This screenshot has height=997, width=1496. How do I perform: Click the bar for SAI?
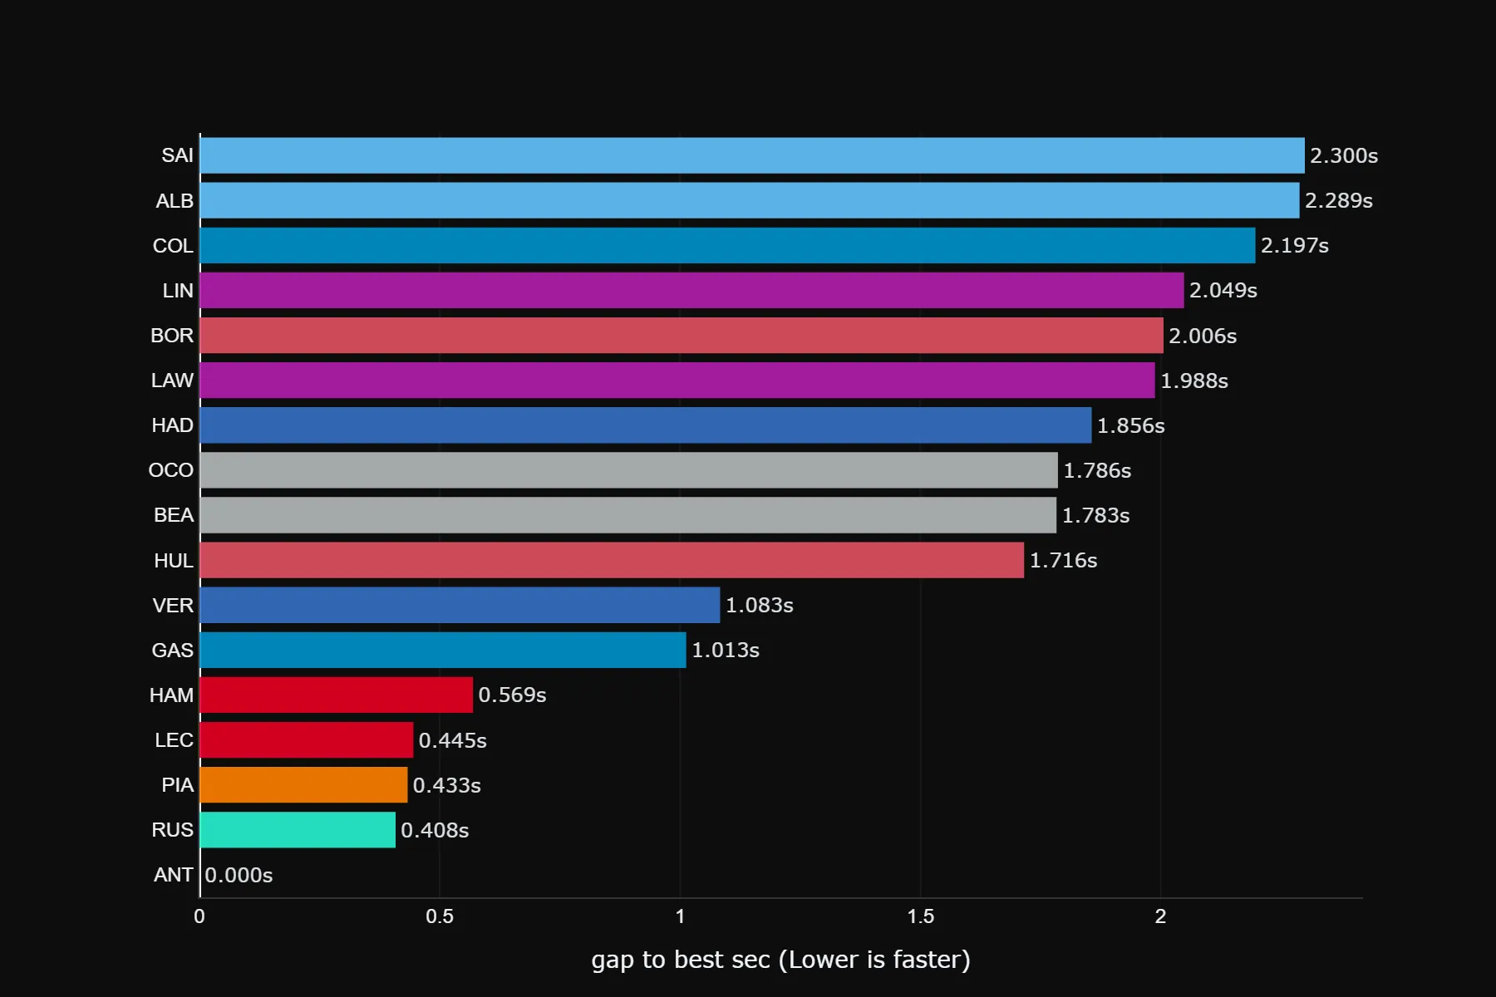(x=752, y=155)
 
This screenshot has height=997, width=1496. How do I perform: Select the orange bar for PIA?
(x=303, y=784)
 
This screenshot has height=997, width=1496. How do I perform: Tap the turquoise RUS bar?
(x=298, y=829)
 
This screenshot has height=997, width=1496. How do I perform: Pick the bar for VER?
(x=460, y=605)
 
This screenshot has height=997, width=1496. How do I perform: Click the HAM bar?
(x=336, y=695)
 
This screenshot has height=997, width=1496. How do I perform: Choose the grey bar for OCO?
(x=628, y=470)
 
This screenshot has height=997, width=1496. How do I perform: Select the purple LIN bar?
(x=691, y=290)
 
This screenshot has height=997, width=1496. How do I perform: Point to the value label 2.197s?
(x=1294, y=245)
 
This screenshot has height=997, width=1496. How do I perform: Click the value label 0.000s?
(x=239, y=875)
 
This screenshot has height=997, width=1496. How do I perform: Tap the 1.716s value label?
(x=1063, y=560)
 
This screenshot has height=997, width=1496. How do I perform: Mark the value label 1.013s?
(x=726, y=650)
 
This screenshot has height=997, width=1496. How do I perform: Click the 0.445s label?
(x=452, y=740)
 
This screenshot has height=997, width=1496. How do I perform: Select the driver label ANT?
(x=173, y=875)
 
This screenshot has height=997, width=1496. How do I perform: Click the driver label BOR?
(x=172, y=336)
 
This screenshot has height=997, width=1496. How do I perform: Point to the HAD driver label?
(x=172, y=425)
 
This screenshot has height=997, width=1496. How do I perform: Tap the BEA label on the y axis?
(x=173, y=515)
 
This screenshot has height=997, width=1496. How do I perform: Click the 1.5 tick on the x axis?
(x=920, y=916)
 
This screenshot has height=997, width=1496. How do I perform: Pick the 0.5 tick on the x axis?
(x=440, y=916)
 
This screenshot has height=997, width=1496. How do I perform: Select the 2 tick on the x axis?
(x=1160, y=916)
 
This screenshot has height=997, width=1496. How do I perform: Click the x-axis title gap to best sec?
(x=780, y=960)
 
